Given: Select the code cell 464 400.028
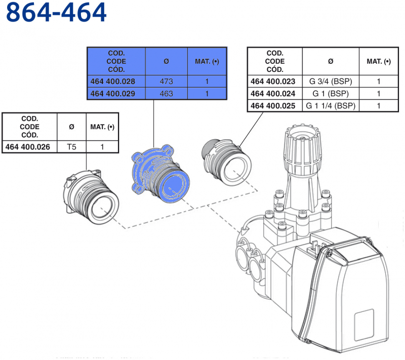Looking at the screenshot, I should [x=117, y=82].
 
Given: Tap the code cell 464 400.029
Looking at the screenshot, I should [x=117, y=94].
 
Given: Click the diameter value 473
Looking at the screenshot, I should [x=166, y=82].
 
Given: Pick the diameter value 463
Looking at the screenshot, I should [x=166, y=94].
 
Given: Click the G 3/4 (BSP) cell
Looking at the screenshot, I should [x=331, y=82].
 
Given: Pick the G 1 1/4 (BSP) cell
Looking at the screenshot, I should [x=331, y=106].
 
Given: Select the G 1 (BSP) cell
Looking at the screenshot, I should [x=331, y=94].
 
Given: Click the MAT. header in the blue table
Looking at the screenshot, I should [x=207, y=61].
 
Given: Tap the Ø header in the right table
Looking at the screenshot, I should [x=331, y=61].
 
